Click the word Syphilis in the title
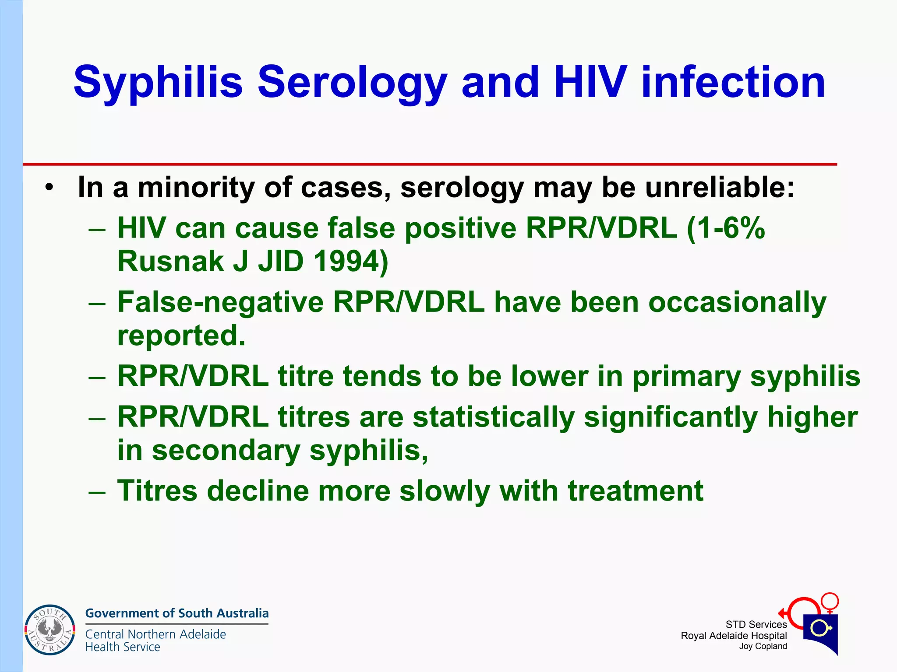tap(158, 82)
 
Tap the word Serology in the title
tap(352, 82)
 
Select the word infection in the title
tap(733, 82)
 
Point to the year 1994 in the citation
tap(350, 261)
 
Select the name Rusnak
tap(170, 261)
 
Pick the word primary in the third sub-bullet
tap(686, 376)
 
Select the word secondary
tap(226, 450)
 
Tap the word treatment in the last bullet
tap(635, 490)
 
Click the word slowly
tap(445, 490)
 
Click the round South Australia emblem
tap(49, 630)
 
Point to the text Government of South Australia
tap(177, 613)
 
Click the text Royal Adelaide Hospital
tap(734, 636)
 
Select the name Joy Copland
tap(763, 646)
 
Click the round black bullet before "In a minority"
tap(49, 188)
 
